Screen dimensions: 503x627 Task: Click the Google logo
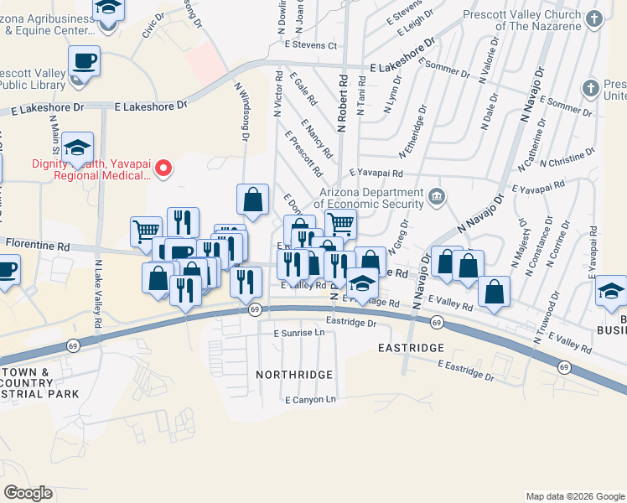coord(28,493)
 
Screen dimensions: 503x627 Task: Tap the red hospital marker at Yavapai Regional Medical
coord(165,170)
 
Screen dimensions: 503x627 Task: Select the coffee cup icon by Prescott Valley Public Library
coord(85,62)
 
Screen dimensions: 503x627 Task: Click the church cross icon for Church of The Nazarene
coord(594,18)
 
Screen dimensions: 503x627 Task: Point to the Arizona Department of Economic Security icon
coord(437,198)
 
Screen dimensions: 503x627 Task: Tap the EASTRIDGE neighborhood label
coord(410,347)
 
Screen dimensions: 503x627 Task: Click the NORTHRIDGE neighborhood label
coord(294,374)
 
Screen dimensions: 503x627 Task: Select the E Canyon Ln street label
coord(309,399)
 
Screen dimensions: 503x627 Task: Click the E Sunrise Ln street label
coord(298,333)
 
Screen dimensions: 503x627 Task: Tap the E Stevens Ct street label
coord(310,44)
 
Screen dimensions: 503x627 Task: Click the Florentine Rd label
coord(38,244)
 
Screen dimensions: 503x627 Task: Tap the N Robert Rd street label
coord(343,102)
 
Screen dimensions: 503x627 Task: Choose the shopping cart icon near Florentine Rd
coord(146,231)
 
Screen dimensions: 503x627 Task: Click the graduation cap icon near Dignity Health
coord(78,148)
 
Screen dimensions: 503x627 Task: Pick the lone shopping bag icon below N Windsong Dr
coord(252,200)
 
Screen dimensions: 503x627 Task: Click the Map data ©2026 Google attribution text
coord(574,496)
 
